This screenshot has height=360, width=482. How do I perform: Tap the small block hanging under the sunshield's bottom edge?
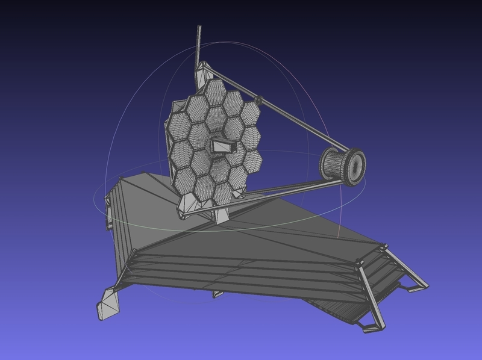(x=218, y=294)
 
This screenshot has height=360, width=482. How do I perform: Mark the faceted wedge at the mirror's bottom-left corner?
(x=183, y=205)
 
